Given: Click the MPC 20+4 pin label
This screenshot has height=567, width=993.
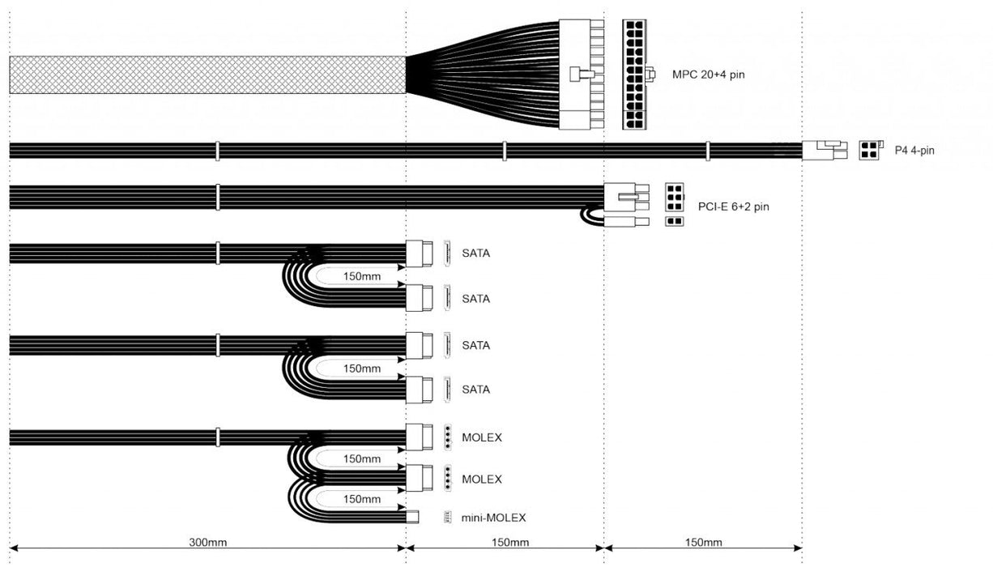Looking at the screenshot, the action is coord(708,75).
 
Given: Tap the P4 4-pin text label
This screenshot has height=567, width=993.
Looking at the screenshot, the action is coord(914,151).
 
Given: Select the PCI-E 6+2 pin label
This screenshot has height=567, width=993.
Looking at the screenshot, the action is coord(733,207).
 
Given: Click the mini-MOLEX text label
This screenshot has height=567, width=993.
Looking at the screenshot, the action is coord(493,518).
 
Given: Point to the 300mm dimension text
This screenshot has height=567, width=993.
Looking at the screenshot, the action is coord(208,542).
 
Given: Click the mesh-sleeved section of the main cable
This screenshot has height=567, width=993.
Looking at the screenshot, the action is coord(207,75).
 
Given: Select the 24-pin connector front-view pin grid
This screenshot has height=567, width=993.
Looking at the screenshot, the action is coord(634,75).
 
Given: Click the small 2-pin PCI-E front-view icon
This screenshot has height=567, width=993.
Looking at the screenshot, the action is coord(674,221).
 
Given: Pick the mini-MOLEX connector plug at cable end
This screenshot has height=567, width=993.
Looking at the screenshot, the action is coord(412,517).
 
